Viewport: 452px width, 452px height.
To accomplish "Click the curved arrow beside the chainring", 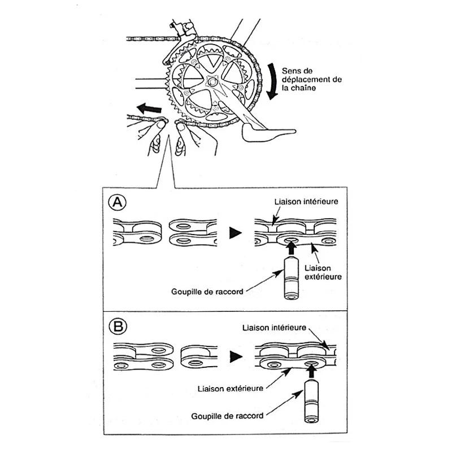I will click(x=272, y=80).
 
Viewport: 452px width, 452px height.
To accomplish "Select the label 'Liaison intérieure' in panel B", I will click(x=273, y=327).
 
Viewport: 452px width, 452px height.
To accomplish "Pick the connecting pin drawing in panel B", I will click(x=311, y=402).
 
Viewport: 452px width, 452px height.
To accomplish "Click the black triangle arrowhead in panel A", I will click(x=235, y=232).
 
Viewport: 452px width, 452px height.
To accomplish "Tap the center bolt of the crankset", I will click(x=214, y=82).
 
